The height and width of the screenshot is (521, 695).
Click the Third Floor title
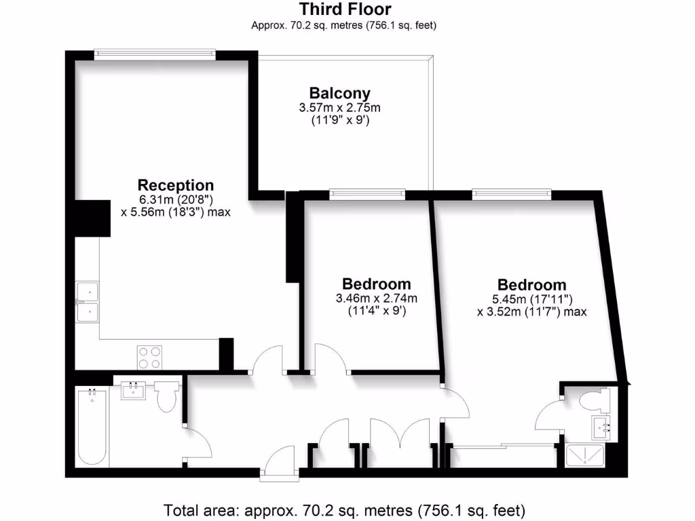[345, 9]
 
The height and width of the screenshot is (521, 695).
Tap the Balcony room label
[339, 93]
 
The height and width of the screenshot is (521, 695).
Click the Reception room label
[175, 185]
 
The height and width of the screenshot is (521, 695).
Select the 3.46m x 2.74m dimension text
[376, 298]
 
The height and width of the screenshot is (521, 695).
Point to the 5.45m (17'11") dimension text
[531, 298]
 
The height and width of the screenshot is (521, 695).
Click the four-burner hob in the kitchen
[149, 356]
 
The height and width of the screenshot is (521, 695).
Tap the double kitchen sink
[87, 301]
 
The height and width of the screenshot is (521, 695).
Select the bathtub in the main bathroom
[92, 426]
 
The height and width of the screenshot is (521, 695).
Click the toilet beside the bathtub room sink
[166, 397]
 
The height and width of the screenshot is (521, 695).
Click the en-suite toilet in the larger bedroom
[593, 400]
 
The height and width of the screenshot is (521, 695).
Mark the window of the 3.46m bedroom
[367, 195]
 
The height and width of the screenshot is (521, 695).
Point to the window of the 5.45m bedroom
[512, 195]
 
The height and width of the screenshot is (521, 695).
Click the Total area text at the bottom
[345, 509]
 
